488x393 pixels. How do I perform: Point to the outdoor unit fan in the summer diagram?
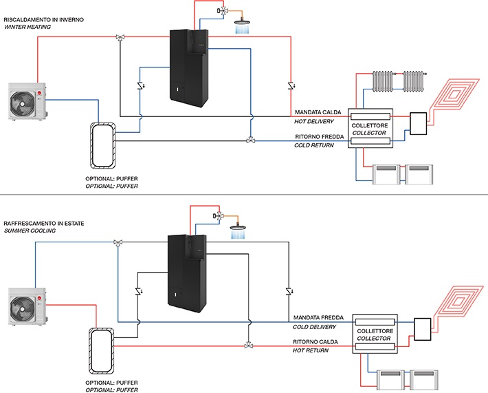pyautogui.click(x=23, y=307)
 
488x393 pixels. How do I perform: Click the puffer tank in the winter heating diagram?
pyautogui.click(x=103, y=145)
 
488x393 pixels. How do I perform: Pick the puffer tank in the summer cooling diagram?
pyautogui.click(x=101, y=350)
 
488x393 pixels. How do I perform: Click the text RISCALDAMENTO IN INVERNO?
pyautogui.click(x=43, y=20)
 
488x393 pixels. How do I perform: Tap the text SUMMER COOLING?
pyautogui.click(x=30, y=231)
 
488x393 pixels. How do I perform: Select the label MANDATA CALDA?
pyautogui.click(x=318, y=112)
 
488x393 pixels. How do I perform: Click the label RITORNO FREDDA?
pyautogui.click(x=320, y=137)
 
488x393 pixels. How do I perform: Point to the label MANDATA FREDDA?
pyautogui.click(x=318, y=317)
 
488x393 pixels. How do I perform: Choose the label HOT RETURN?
pyautogui.click(x=310, y=350)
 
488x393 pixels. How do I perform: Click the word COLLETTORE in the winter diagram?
pyautogui.click(x=370, y=125)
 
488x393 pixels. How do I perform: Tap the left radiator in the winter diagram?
pyautogui.click(x=383, y=81)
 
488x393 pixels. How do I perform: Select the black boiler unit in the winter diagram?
pyautogui.click(x=189, y=68)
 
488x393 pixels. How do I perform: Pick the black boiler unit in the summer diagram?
pyautogui.click(x=187, y=274)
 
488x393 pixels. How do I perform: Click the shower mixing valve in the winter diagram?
pyautogui.click(x=223, y=11)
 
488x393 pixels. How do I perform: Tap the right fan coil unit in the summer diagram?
pyautogui.click(x=424, y=380)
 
